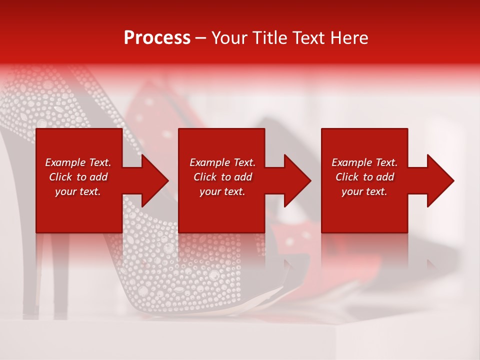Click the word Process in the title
pyautogui.click(x=157, y=38)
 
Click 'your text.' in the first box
pyautogui.click(x=78, y=191)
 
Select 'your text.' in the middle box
pyautogui.click(x=222, y=191)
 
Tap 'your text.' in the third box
pyautogui.click(x=364, y=191)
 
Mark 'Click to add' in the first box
pyautogui.click(x=78, y=177)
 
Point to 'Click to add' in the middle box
pyautogui.click(x=223, y=177)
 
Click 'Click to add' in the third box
pyautogui.click(x=365, y=177)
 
